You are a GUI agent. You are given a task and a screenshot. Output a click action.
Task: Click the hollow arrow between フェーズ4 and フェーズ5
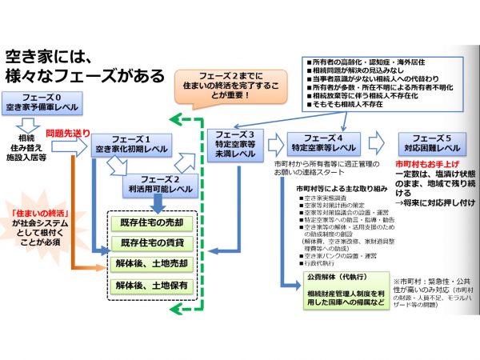point(383,144)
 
